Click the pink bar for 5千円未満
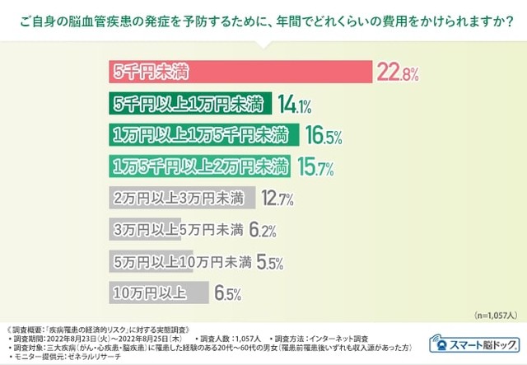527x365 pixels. tap(240, 73)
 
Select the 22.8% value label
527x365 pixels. tap(398, 73)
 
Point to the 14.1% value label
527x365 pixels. tap(293, 105)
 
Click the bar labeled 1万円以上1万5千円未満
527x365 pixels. tap(201, 134)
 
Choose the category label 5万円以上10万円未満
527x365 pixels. tap(180, 260)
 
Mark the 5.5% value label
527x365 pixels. tap(269, 262)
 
